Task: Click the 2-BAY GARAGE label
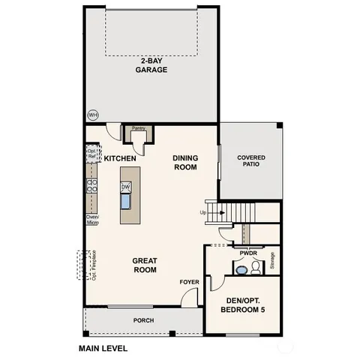tap(151, 65)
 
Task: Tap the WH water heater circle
tap(93, 115)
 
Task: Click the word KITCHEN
tap(119, 159)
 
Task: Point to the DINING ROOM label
tap(184, 163)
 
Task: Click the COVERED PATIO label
tap(250, 161)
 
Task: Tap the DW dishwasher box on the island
tap(126, 187)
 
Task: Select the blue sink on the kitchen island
tap(126, 201)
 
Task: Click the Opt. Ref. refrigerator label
tap(91, 153)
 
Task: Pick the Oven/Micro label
tap(92, 220)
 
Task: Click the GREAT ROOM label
tap(144, 265)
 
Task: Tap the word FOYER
tap(188, 282)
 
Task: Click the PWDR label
tap(247, 253)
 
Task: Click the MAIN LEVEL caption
tap(103, 349)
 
